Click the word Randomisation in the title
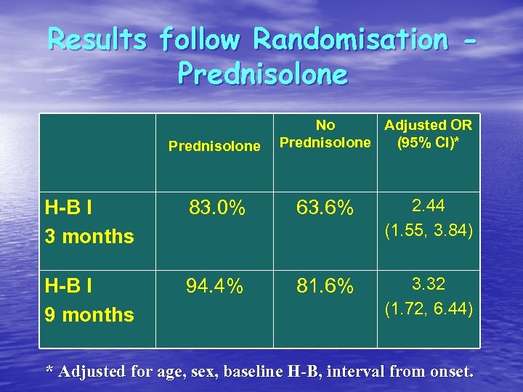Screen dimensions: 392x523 (x=350, y=40)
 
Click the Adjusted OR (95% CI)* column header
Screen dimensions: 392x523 (x=428, y=134)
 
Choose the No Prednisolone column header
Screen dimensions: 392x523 (x=325, y=134)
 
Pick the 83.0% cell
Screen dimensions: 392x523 (x=216, y=209)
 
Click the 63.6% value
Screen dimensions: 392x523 (x=325, y=209)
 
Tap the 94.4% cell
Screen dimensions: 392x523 (x=214, y=287)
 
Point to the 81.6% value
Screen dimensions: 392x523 (x=325, y=287)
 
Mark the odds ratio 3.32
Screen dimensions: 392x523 (x=428, y=283)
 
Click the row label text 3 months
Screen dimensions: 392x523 (x=89, y=237)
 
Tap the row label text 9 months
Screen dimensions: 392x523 (x=89, y=315)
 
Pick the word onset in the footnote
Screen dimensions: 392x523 (x=450, y=372)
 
